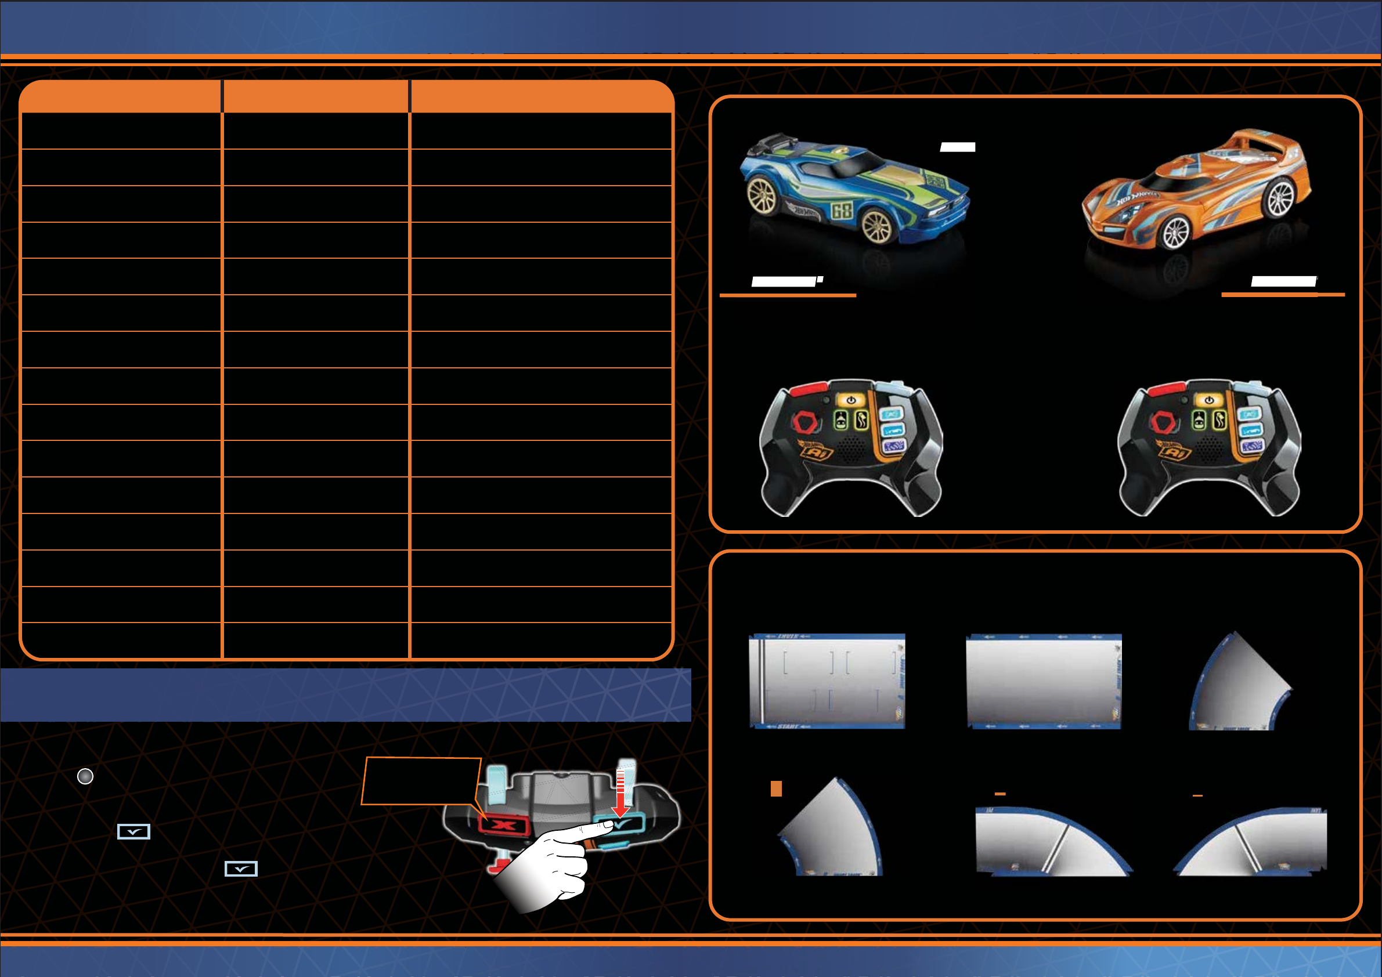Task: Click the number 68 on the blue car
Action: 841,210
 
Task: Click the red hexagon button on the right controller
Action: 1164,423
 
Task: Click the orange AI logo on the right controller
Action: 1173,451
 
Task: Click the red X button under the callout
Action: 503,824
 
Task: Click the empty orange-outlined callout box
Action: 421,781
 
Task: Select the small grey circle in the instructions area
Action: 85,777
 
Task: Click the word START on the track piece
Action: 788,727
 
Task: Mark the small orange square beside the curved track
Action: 777,788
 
